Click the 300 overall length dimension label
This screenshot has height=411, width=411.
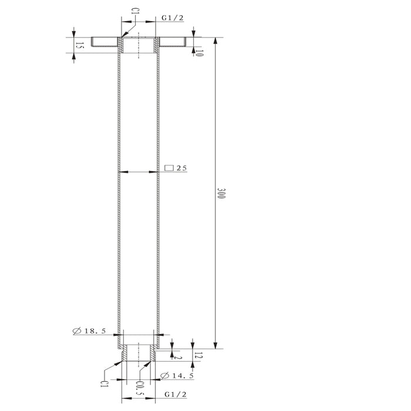pos(221,193)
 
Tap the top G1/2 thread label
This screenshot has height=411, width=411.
pos(173,18)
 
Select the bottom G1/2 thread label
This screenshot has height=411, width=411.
pos(176,395)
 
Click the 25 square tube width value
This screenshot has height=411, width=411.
pos(181,168)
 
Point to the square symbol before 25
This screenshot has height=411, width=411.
pos(169,168)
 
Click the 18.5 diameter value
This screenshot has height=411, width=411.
pos(95,331)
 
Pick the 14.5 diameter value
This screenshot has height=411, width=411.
pos(183,376)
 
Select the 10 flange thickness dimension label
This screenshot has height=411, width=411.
pos(199,53)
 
